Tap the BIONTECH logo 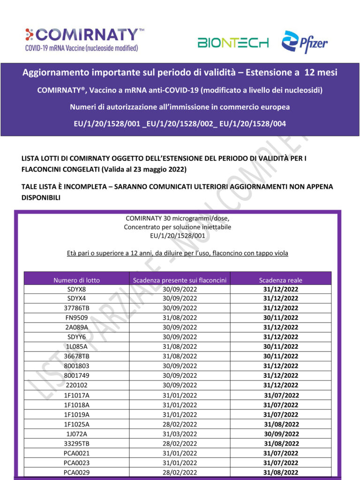coord(233,43)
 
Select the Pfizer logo coord(305,42)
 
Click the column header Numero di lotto coord(76,280)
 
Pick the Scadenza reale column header coord(280,280)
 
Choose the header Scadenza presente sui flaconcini coord(180,280)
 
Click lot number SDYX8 coord(76,289)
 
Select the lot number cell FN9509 coord(76,317)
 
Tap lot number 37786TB coord(76,308)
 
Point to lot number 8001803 coord(76,366)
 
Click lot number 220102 coord(76,385)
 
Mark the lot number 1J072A coord(76,434)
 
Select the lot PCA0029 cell coord(76,472)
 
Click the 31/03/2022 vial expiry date coord(180,434)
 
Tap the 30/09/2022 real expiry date coord(281,434)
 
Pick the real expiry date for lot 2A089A coord(280,327)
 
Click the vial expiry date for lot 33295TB coord(180,443)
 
